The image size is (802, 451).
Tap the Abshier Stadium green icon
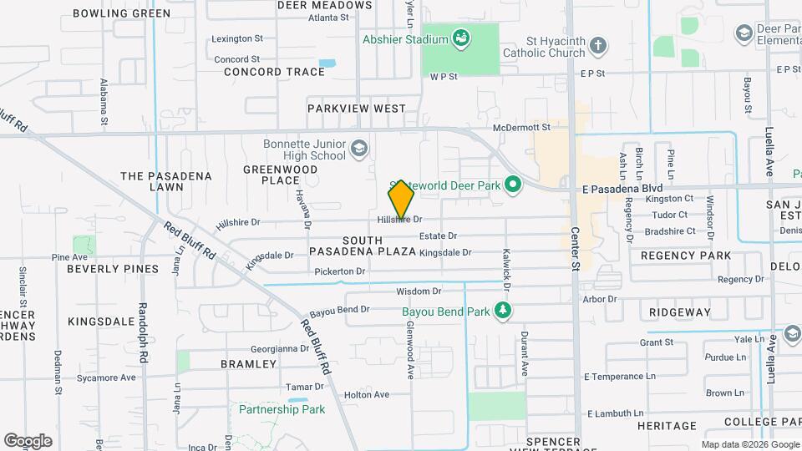460,38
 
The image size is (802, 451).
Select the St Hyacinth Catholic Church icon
597,44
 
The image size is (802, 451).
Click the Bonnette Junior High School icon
358,149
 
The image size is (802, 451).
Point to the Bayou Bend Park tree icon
503,312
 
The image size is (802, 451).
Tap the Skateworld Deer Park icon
513,185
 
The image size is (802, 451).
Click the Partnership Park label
282,409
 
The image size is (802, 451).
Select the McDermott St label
521,128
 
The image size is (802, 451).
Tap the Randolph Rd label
143,332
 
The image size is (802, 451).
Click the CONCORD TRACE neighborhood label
274,72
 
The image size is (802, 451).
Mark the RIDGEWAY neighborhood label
679,312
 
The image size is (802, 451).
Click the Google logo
28,440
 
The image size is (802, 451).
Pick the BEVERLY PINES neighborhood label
113,269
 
